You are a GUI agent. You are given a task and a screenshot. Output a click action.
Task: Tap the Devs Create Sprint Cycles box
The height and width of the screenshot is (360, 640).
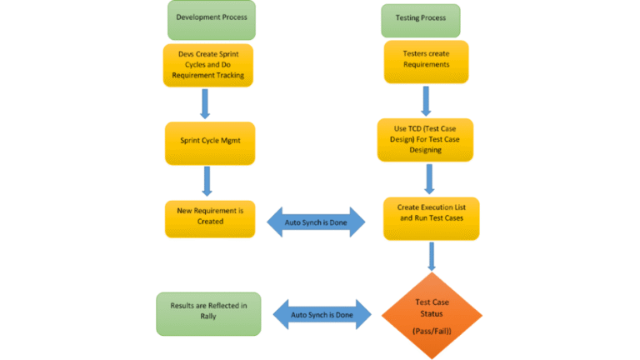pos(208,64)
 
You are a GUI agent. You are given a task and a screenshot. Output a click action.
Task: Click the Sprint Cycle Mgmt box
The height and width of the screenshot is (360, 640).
pos(208,142)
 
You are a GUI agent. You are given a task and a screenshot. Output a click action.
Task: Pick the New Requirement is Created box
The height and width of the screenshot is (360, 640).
pos(208,217)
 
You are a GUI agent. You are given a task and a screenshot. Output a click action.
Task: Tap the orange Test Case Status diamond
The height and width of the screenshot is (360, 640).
pos(432,314)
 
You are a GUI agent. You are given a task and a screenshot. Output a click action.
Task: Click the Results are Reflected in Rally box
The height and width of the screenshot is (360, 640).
pos(208,312)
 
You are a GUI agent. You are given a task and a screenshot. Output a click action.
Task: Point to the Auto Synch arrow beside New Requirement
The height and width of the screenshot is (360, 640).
pos(316,222)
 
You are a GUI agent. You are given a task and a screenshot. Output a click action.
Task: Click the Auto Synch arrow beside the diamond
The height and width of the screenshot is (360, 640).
pos(322,315)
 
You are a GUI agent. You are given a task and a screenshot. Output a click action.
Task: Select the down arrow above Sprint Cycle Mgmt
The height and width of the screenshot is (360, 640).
pos(204,104)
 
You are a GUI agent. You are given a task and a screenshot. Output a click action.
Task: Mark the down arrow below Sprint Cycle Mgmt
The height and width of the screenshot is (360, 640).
pos(206,180)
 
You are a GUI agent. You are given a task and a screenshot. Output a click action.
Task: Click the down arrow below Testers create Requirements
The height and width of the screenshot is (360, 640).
pos(425,100)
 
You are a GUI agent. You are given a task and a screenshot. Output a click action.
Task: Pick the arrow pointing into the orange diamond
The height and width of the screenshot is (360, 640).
pos(432,255)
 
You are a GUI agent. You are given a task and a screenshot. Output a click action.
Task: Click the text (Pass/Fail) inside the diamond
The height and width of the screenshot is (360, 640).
pos(432,331)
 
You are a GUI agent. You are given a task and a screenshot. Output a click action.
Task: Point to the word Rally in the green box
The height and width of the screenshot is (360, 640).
pos(208,319)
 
